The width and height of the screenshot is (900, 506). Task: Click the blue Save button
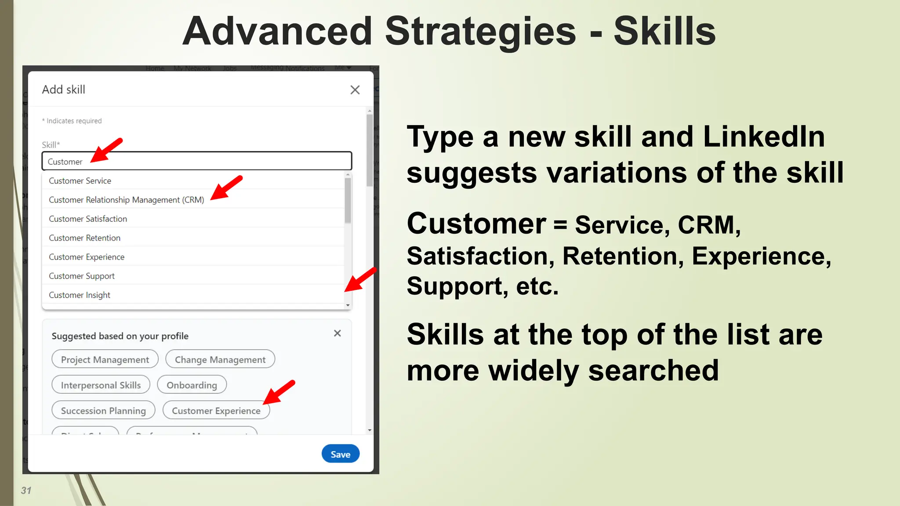tap(340, 454)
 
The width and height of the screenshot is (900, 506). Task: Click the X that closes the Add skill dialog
tap(355, 90)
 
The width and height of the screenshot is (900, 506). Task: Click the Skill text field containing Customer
tap(196, 161)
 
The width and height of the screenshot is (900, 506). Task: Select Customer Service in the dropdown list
tap(80, 181)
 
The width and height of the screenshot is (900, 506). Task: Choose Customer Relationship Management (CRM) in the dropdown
tap(126, 200)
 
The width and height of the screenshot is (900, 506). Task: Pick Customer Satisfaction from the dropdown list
tap(88, 219)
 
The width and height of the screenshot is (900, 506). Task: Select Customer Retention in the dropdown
tap(84, 238)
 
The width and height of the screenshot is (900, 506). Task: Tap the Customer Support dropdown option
tap(82, 276)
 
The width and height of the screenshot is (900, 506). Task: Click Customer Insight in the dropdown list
tap(80, 295)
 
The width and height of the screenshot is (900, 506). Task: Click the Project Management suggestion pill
tap(105, 359)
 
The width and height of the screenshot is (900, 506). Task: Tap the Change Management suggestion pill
tap(220, 359)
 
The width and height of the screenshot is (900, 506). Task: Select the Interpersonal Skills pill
tap(101, 385)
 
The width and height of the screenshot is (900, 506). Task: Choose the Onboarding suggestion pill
tap(192, 385)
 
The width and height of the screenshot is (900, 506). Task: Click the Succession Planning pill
tap(103, 410)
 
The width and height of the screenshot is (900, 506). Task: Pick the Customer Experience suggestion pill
tap(216, 410)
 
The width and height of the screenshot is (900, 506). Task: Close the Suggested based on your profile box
tap(337, 333)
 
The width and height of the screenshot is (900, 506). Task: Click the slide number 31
tap(26, 491)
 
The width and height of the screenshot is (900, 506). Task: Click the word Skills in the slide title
tap(664, 32)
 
